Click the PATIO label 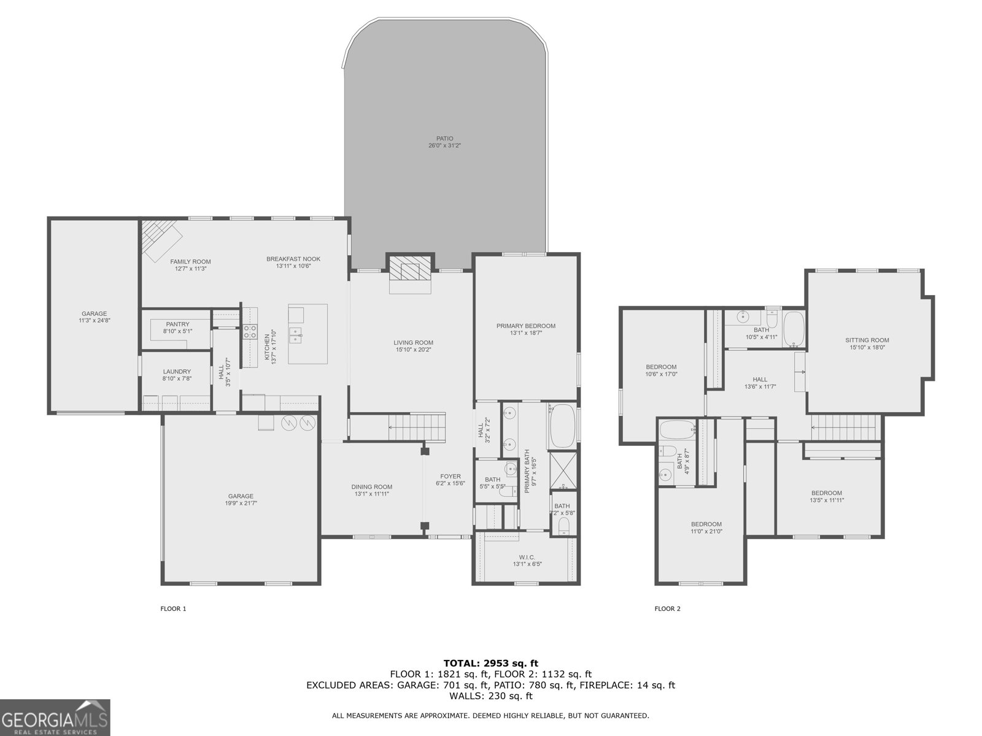click(445, 139)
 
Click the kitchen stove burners click(250, 332)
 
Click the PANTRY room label click(177, 324)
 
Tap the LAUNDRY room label click(177, 371)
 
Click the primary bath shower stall click(563, 471)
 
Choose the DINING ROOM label click(372, 486)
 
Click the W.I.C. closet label click(527, 557)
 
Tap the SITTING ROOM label click(867, 340)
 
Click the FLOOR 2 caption click(667, 608)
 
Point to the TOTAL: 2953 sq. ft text click(490, 663)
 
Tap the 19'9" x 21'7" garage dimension click(241, 504)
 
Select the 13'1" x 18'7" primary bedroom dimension click(526, 333)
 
